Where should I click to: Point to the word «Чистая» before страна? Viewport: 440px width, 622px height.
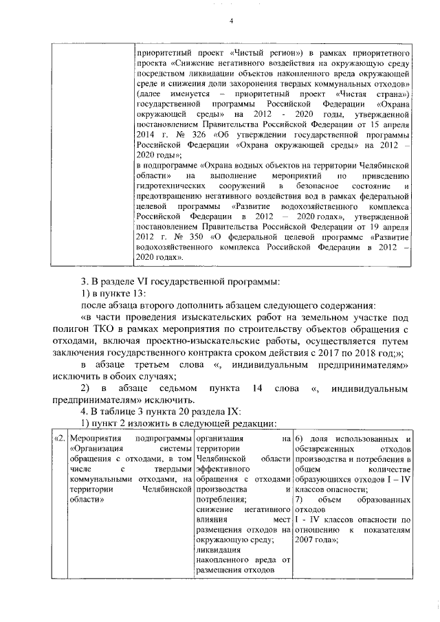coord(357,93)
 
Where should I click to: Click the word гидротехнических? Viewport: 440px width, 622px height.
coord(173,187)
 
